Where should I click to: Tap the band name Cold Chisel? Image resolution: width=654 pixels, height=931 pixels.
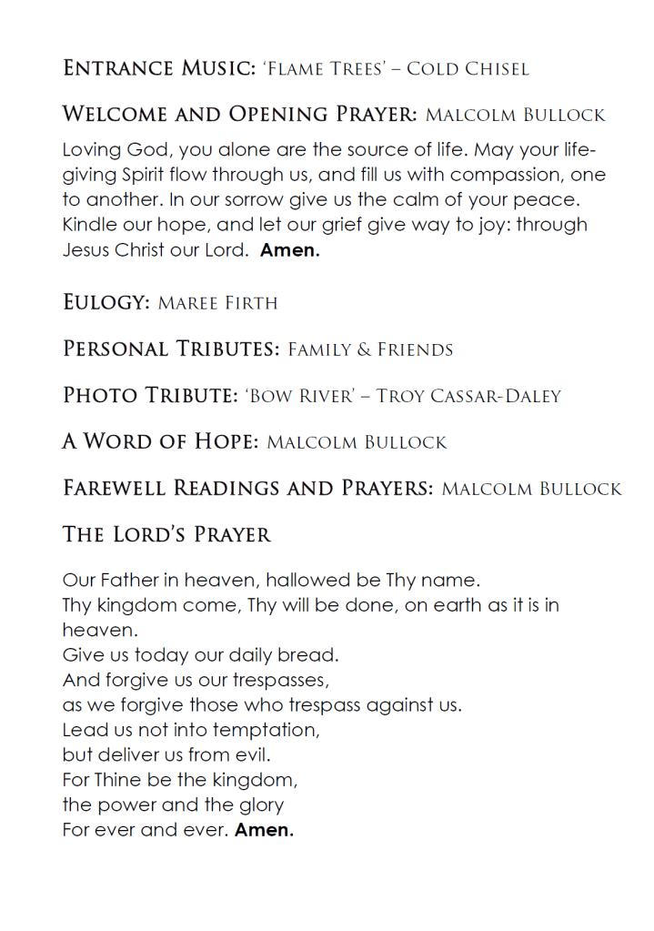click(x=468, y=69)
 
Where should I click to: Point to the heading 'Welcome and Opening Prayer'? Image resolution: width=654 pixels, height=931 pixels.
click(x=239, y=115)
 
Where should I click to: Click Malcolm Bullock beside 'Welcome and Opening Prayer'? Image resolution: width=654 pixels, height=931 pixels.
click(x=515, y=116)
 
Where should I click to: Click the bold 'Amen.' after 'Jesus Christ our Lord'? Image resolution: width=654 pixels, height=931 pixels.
click(x=289, y=250)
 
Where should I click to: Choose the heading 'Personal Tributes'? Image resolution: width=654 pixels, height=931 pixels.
click(x=171, y=349)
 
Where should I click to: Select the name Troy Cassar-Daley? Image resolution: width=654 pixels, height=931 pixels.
click(x=468, y=396)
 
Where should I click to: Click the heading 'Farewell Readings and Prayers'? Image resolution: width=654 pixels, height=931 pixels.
click(x=247, y=489)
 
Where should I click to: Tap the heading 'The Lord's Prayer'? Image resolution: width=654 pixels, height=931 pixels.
click(x=166, y=535)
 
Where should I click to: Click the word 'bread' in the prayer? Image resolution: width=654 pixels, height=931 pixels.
click(x=312, y=654)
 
